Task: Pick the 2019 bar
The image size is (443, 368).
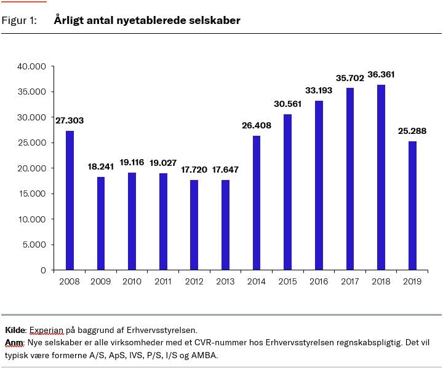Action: pos(412,205)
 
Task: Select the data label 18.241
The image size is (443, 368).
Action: pos(101,166)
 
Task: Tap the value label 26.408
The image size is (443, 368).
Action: pos(256,125)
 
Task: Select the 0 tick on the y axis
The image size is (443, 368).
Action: pos(43,270)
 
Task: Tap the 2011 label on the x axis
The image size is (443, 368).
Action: pos(163,281)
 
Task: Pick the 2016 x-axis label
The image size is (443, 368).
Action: pos(319,281)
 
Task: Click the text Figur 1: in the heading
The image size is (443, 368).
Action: pos(19,21)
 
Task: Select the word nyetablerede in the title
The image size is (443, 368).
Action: pos(146,21)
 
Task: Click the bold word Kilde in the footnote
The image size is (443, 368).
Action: pos(14,330)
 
